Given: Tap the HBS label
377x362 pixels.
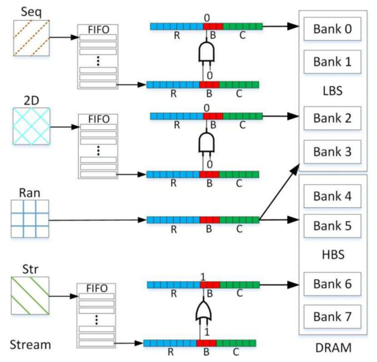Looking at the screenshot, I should pyautogui.click(x=331, y=254).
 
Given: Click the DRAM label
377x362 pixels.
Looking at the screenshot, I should pyautogui.click(x=332, y=348).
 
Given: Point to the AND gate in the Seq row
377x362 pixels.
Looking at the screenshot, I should pyautogui.click(x=204, y=52).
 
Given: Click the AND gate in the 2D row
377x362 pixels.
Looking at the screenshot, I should pyautogui.click(x=204, y=142).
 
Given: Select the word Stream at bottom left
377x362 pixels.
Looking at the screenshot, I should pyautogui.click(x=32, y=342).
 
